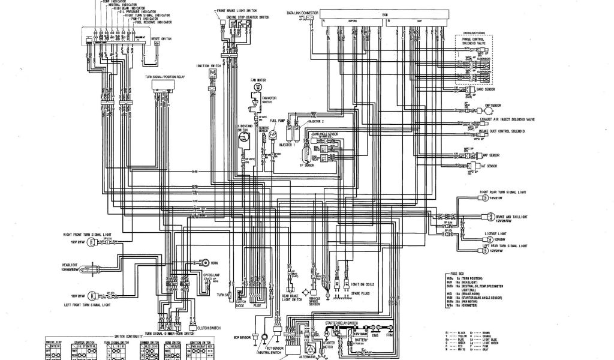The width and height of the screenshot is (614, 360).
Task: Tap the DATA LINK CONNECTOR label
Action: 302,12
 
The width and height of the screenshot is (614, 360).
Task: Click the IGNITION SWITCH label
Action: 208,65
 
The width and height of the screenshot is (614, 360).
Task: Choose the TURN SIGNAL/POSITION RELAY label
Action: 164,77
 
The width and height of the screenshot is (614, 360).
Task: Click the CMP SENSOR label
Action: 492,110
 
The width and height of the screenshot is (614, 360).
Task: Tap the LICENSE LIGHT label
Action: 497,233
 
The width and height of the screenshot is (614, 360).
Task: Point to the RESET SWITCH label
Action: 161,37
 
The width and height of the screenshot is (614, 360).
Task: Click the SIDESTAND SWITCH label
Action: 243,127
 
